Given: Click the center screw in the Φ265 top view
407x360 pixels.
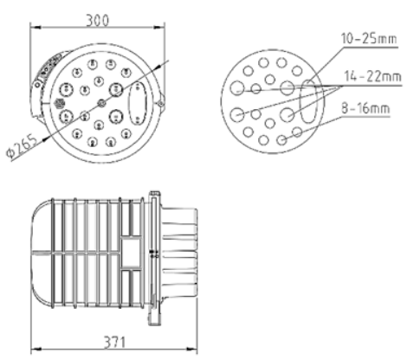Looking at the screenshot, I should click(x=102, y=103).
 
